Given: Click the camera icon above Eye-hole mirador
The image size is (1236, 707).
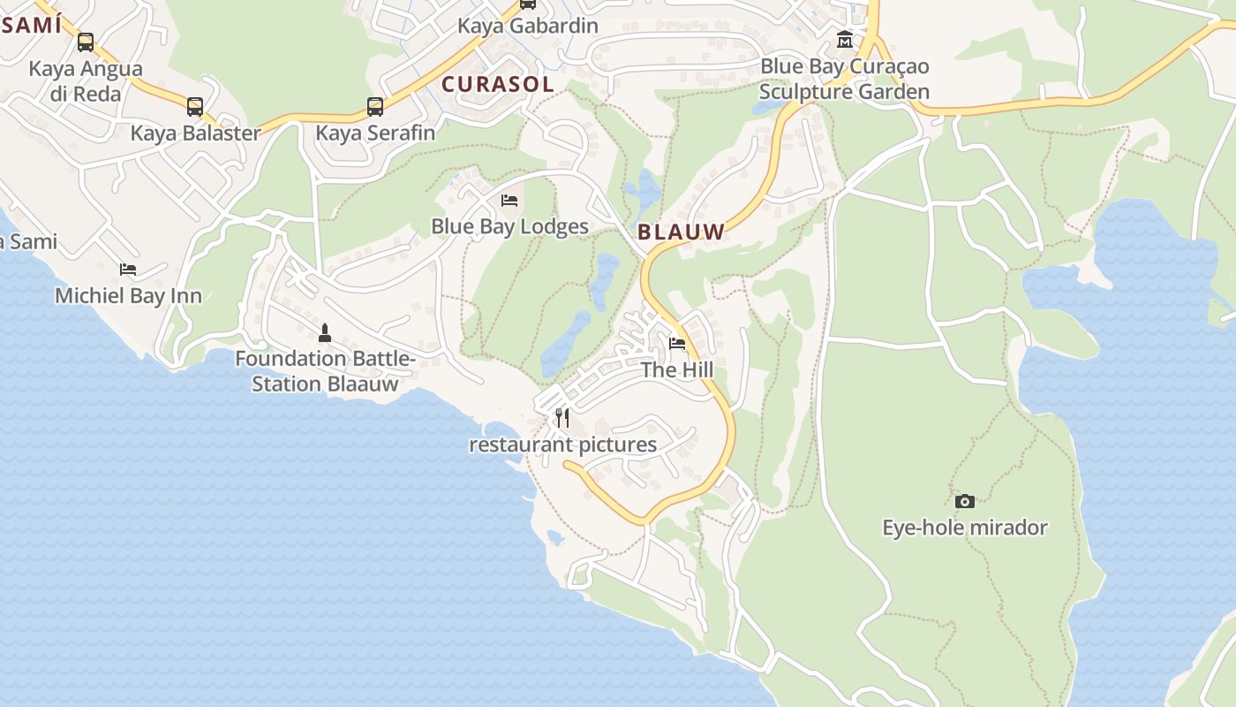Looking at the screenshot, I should click(x=965, y=502).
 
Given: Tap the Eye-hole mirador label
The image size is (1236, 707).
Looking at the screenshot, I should click(x=965, y=528).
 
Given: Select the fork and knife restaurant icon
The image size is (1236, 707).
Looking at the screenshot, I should click(x=562, y=418).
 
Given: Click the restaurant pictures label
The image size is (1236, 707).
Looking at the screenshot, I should click(x=562, y=445).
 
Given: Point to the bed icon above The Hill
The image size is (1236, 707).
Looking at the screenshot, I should click(x=677, y=344).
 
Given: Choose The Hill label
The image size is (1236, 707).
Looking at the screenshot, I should click(x=677, y=369).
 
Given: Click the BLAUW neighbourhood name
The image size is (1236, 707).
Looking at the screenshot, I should click(x=681, y=232).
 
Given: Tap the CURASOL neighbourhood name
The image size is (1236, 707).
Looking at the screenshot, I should click(x=498, y=85).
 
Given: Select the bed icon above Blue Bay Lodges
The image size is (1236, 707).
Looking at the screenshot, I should click(x=509, y=201).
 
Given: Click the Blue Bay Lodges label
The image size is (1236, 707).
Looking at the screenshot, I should click(x=509, y=226).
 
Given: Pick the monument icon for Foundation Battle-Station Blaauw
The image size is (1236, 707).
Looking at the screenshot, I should click(x=325, y=333).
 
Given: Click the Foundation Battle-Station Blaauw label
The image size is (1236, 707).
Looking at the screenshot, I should click(x=325, y=371).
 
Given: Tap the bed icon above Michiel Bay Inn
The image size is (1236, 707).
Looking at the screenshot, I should click(x=128, y=270).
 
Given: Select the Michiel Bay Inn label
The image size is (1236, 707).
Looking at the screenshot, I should click(x=128, y=295).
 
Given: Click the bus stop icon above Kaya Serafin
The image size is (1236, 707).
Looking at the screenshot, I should click(x=375, y=107).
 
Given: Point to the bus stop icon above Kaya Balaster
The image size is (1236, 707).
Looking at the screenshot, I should click(x=195, y=107).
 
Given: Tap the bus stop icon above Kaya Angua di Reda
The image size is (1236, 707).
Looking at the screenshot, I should click(x=86, y=42).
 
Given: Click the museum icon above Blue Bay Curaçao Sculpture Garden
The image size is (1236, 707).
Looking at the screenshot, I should click(x=845, y=40).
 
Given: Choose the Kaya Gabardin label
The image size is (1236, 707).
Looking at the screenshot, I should click(x=527, y=26).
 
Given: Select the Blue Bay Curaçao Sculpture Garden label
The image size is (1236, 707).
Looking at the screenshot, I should click(x=845, y=79).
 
